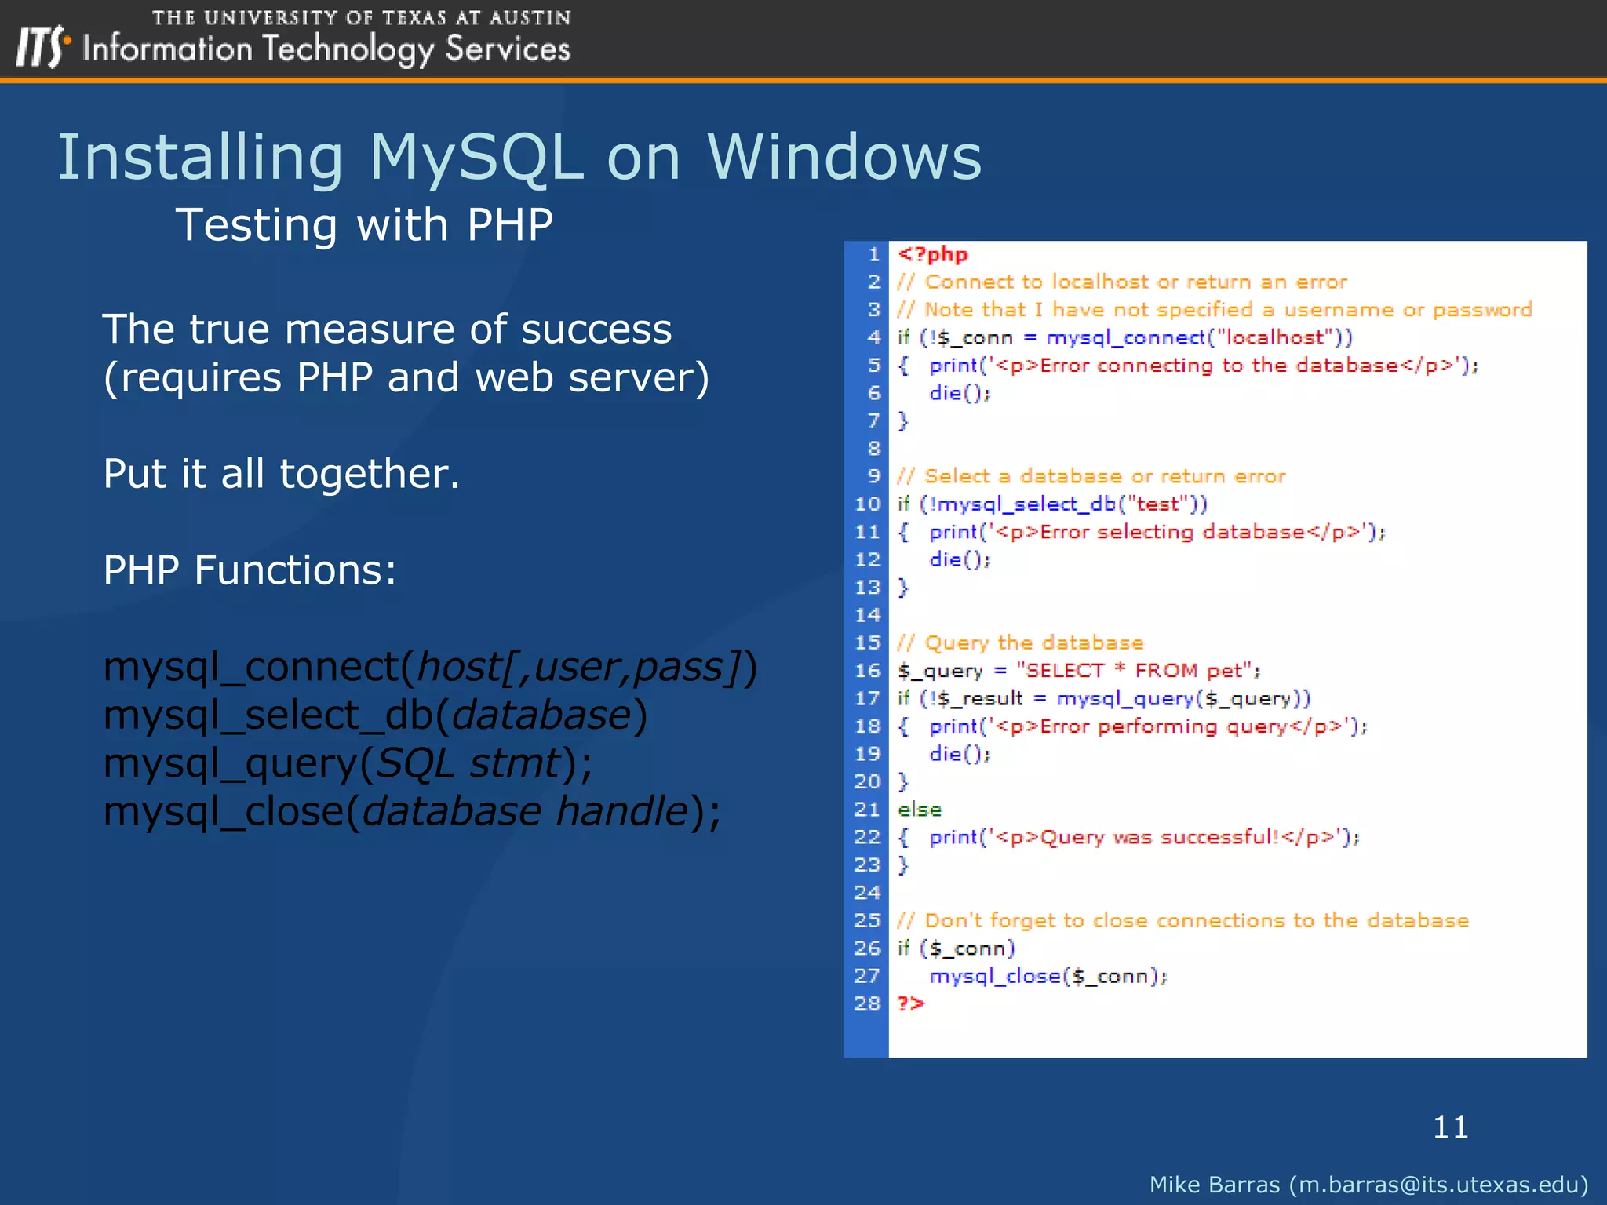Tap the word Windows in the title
(844, 157)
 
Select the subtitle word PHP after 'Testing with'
(510, 225)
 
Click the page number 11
(1450, 1127)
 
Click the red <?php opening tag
(932, 254)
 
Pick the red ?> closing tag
(910, 1003)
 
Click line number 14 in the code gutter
(867, 615)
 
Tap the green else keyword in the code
(919, 809)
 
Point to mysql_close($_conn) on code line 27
(1047, 976)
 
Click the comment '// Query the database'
(1020, 643)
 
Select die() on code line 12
(959, 559)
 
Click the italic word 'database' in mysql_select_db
(541, 715)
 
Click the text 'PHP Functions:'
(250, 570)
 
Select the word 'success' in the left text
(596, 329)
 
